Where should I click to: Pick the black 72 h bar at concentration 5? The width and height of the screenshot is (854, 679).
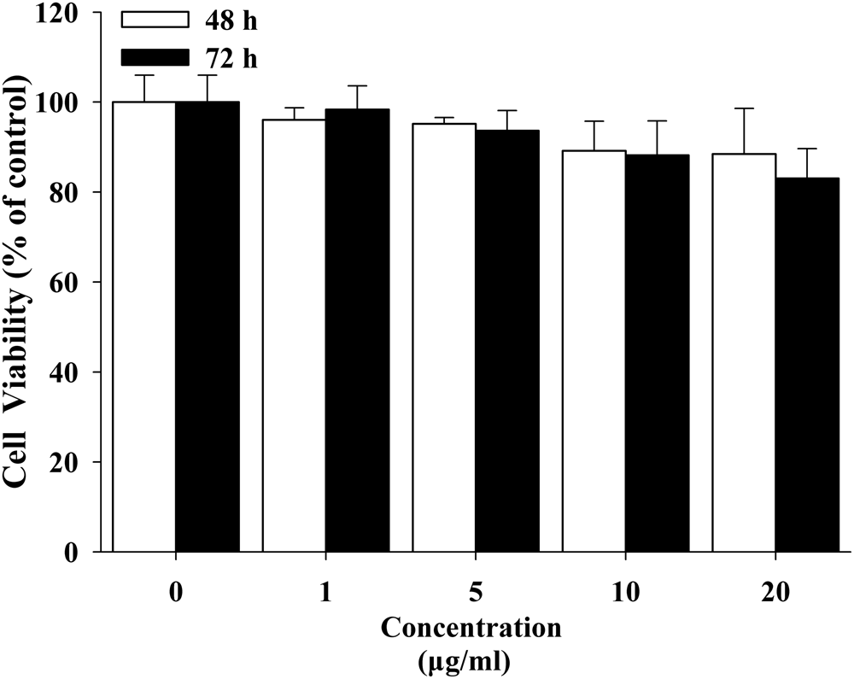pyautogui.click(x=507, y=341)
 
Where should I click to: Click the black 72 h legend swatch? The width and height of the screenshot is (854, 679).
pyautogui.click(x=154, y=58)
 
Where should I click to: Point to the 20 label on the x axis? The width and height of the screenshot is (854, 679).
pyautogui.click(x=775, y=593)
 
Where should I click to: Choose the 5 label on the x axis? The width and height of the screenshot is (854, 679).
pyautogui.click(x=476, y=593)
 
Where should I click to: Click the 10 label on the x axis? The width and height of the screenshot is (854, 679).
pyautogui.click(x=626, y=593)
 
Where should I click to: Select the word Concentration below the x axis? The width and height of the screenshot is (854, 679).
pyautogui.click(x=471, y=629)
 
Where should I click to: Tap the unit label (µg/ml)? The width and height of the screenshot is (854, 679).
pyautogui.click(x=471, y=660)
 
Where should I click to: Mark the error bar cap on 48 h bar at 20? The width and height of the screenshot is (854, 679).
pyautogui.click(x=744, y=108)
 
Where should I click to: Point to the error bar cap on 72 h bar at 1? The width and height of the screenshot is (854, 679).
pyautogui.click(x=357, y=85)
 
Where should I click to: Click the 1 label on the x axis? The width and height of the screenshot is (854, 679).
pyautogui.click(x=325, y=593)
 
